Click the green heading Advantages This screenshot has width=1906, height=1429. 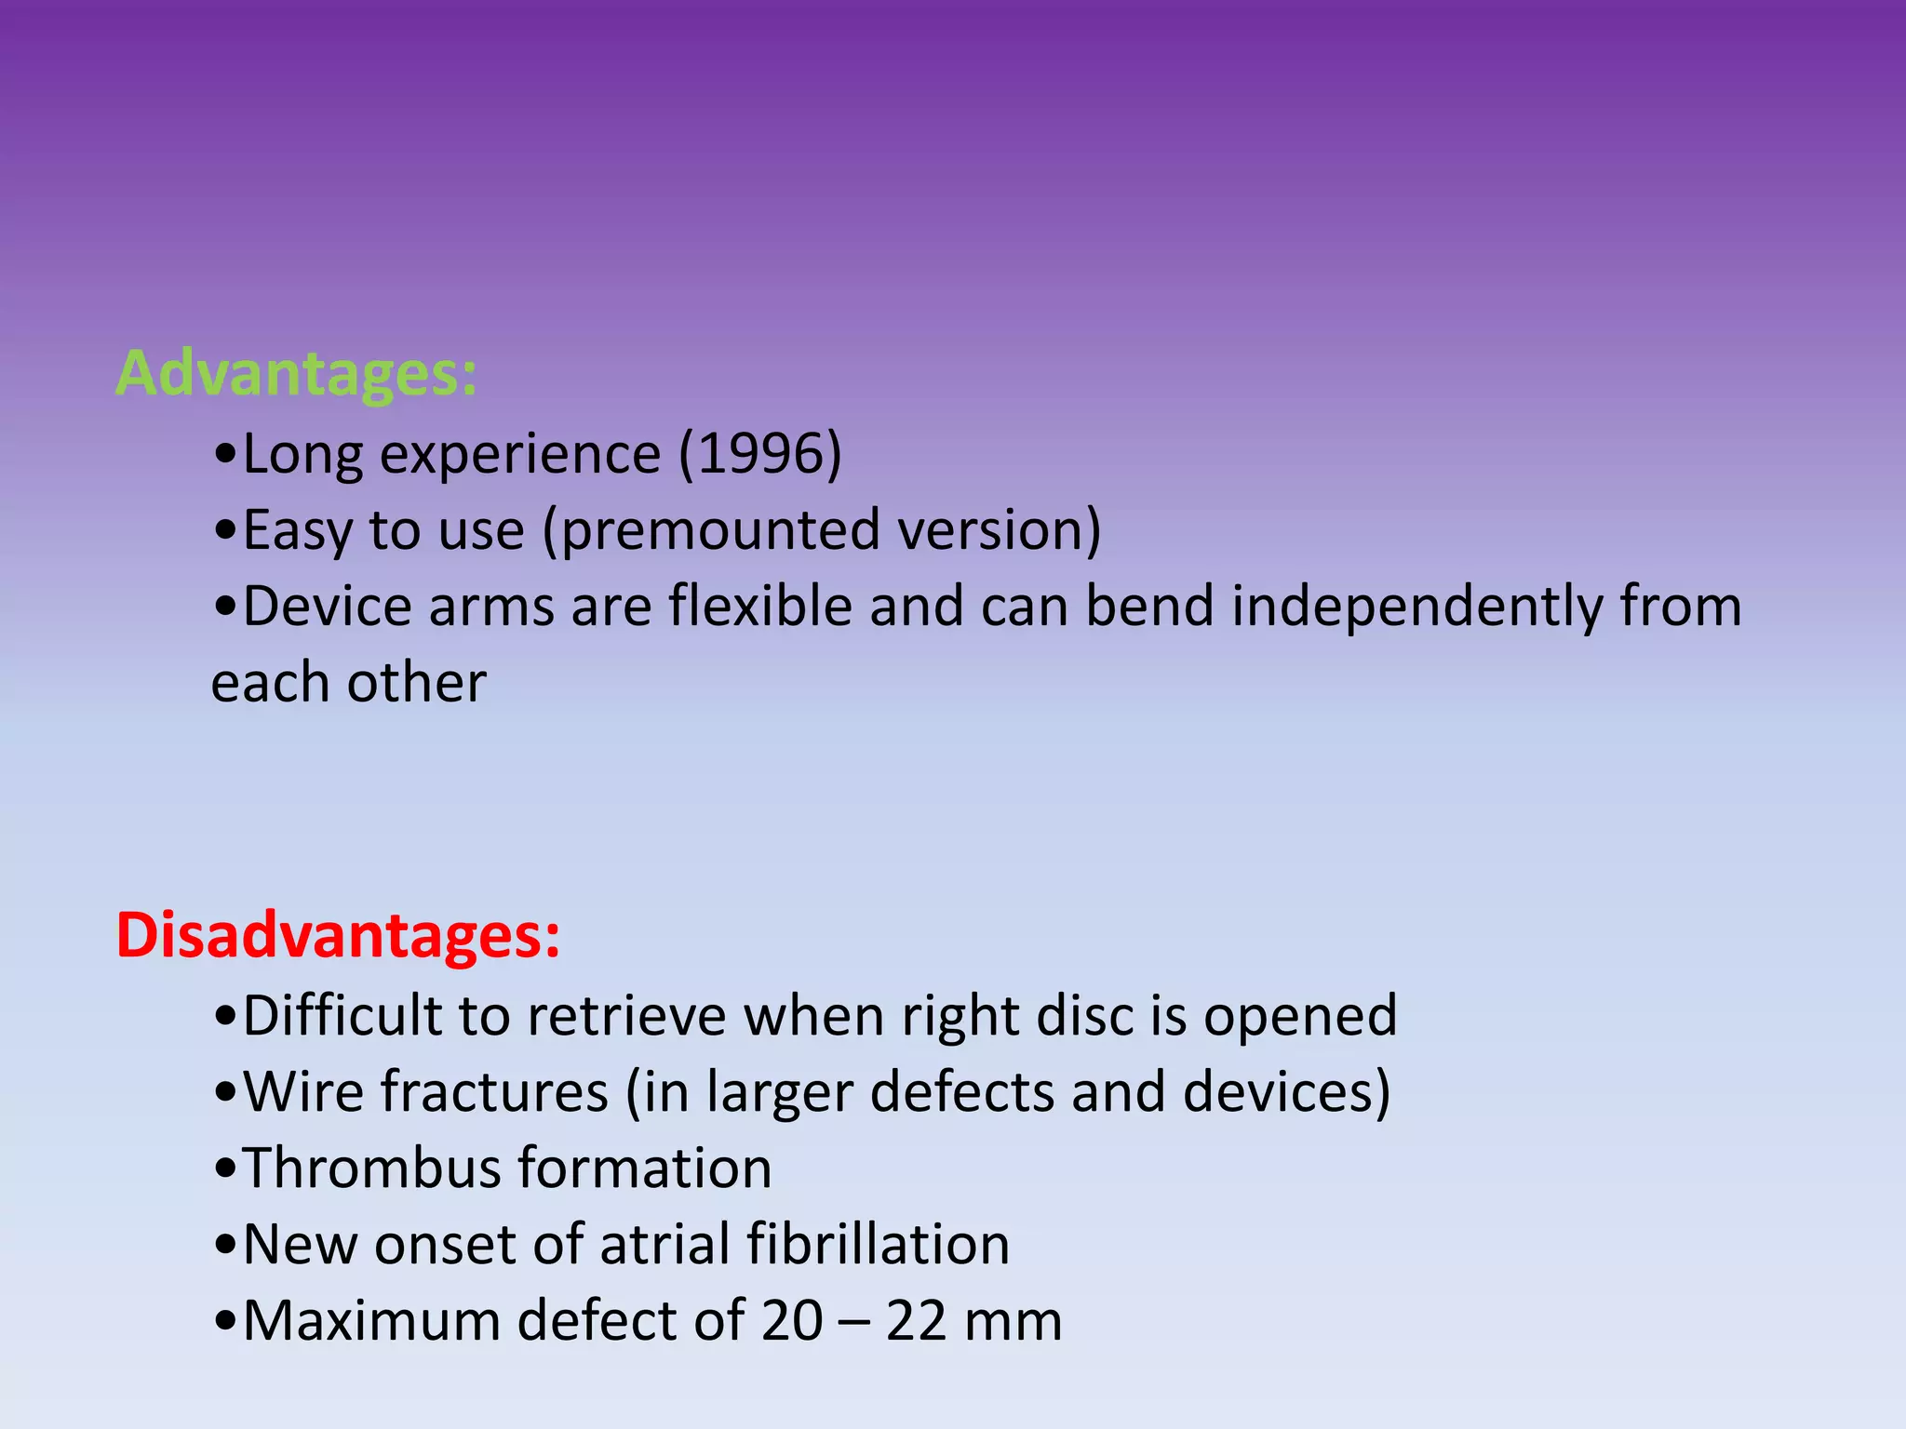pyautogui.click(x=296, y=373)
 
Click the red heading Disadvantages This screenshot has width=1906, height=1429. pyautogui.click(x=338, y=935)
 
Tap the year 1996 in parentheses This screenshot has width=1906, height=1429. pyautogui.click(x=759, y=454)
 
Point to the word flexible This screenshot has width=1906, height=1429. pyautogui.click(x=760, y=607)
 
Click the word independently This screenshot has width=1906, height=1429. pyautogui.click(x=1417, y=607)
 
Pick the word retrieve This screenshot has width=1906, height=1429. pyautogui.click(x=626, y=1015)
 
